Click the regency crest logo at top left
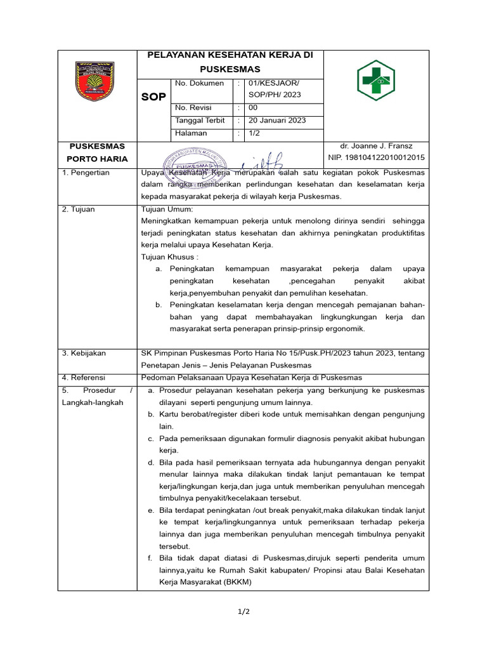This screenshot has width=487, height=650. pos(94,81)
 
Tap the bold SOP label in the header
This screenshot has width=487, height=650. pos(153,96)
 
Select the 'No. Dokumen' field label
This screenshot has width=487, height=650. pos(199,83)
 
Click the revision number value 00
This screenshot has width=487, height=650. pos(253,108)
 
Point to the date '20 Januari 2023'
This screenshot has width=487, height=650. pos(277,121)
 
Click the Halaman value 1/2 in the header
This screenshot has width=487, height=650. pos(254,133)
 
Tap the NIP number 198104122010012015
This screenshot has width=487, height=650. pos(377,157)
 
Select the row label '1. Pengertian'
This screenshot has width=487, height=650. pos(86,173)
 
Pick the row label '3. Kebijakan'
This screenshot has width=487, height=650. pos(84,353)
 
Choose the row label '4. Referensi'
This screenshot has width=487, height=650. pos(84,378)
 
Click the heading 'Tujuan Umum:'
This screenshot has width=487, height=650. pos(167,209)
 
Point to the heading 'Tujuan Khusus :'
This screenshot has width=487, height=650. pos(170,256)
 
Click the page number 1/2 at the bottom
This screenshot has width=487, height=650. pos(243,611)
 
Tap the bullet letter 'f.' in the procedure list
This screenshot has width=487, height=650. pos(151,559)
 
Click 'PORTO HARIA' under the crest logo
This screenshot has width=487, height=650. pos(97,159)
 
